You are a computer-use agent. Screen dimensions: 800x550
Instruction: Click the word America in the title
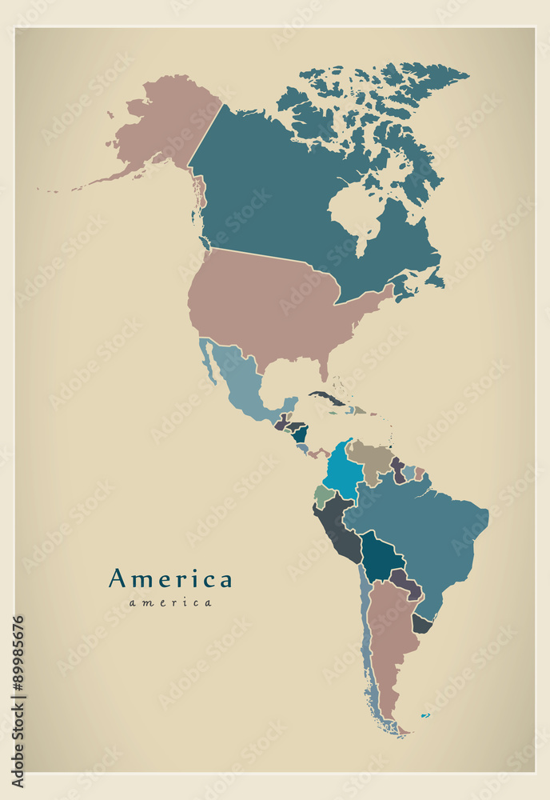point(170,578)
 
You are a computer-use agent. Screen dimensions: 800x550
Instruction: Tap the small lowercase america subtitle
point(170,602)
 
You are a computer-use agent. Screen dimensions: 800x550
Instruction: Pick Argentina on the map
point(389,640)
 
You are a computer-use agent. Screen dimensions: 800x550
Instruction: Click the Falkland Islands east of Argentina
point(425,714)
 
